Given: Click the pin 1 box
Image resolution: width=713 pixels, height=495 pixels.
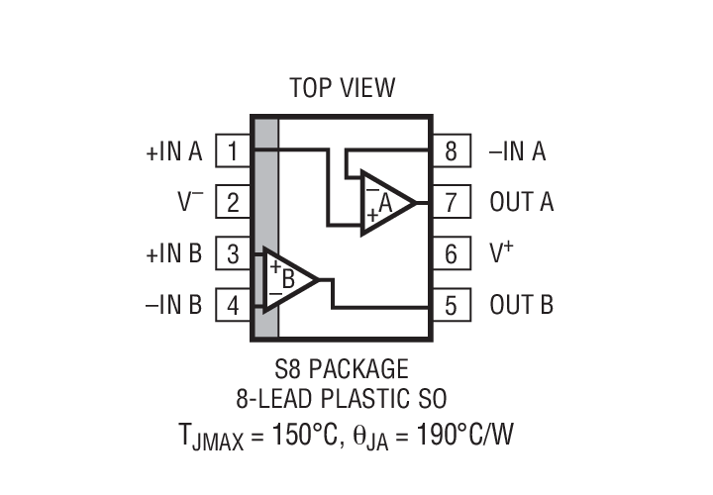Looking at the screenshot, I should (232, 151).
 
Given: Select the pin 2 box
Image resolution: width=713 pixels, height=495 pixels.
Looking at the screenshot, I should (232, 203).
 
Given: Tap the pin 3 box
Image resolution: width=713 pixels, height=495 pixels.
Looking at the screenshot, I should (232, 254).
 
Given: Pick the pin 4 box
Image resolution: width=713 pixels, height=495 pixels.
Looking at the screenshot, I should (232, 305).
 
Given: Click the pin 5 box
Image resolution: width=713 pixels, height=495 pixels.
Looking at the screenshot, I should (451, 305).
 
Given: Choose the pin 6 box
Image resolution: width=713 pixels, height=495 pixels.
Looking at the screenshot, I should (451, 254).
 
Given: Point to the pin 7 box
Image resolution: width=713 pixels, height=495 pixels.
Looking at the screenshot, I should (451, 203).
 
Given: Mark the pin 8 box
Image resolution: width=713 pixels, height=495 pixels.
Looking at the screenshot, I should (451, 151).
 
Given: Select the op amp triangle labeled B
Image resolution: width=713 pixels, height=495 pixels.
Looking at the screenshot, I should (286, 279).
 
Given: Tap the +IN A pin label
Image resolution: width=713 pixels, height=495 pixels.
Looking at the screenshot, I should (173, 151).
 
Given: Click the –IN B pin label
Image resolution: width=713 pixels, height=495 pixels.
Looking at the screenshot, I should (173, 305).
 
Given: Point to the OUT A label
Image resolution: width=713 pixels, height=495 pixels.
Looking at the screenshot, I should (522, 203).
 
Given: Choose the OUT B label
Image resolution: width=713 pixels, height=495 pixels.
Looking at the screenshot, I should (522, 305).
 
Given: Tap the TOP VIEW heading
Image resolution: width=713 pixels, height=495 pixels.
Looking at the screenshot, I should (342, 88).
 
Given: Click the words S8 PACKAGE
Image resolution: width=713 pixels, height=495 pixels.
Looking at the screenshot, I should (342, 369).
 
